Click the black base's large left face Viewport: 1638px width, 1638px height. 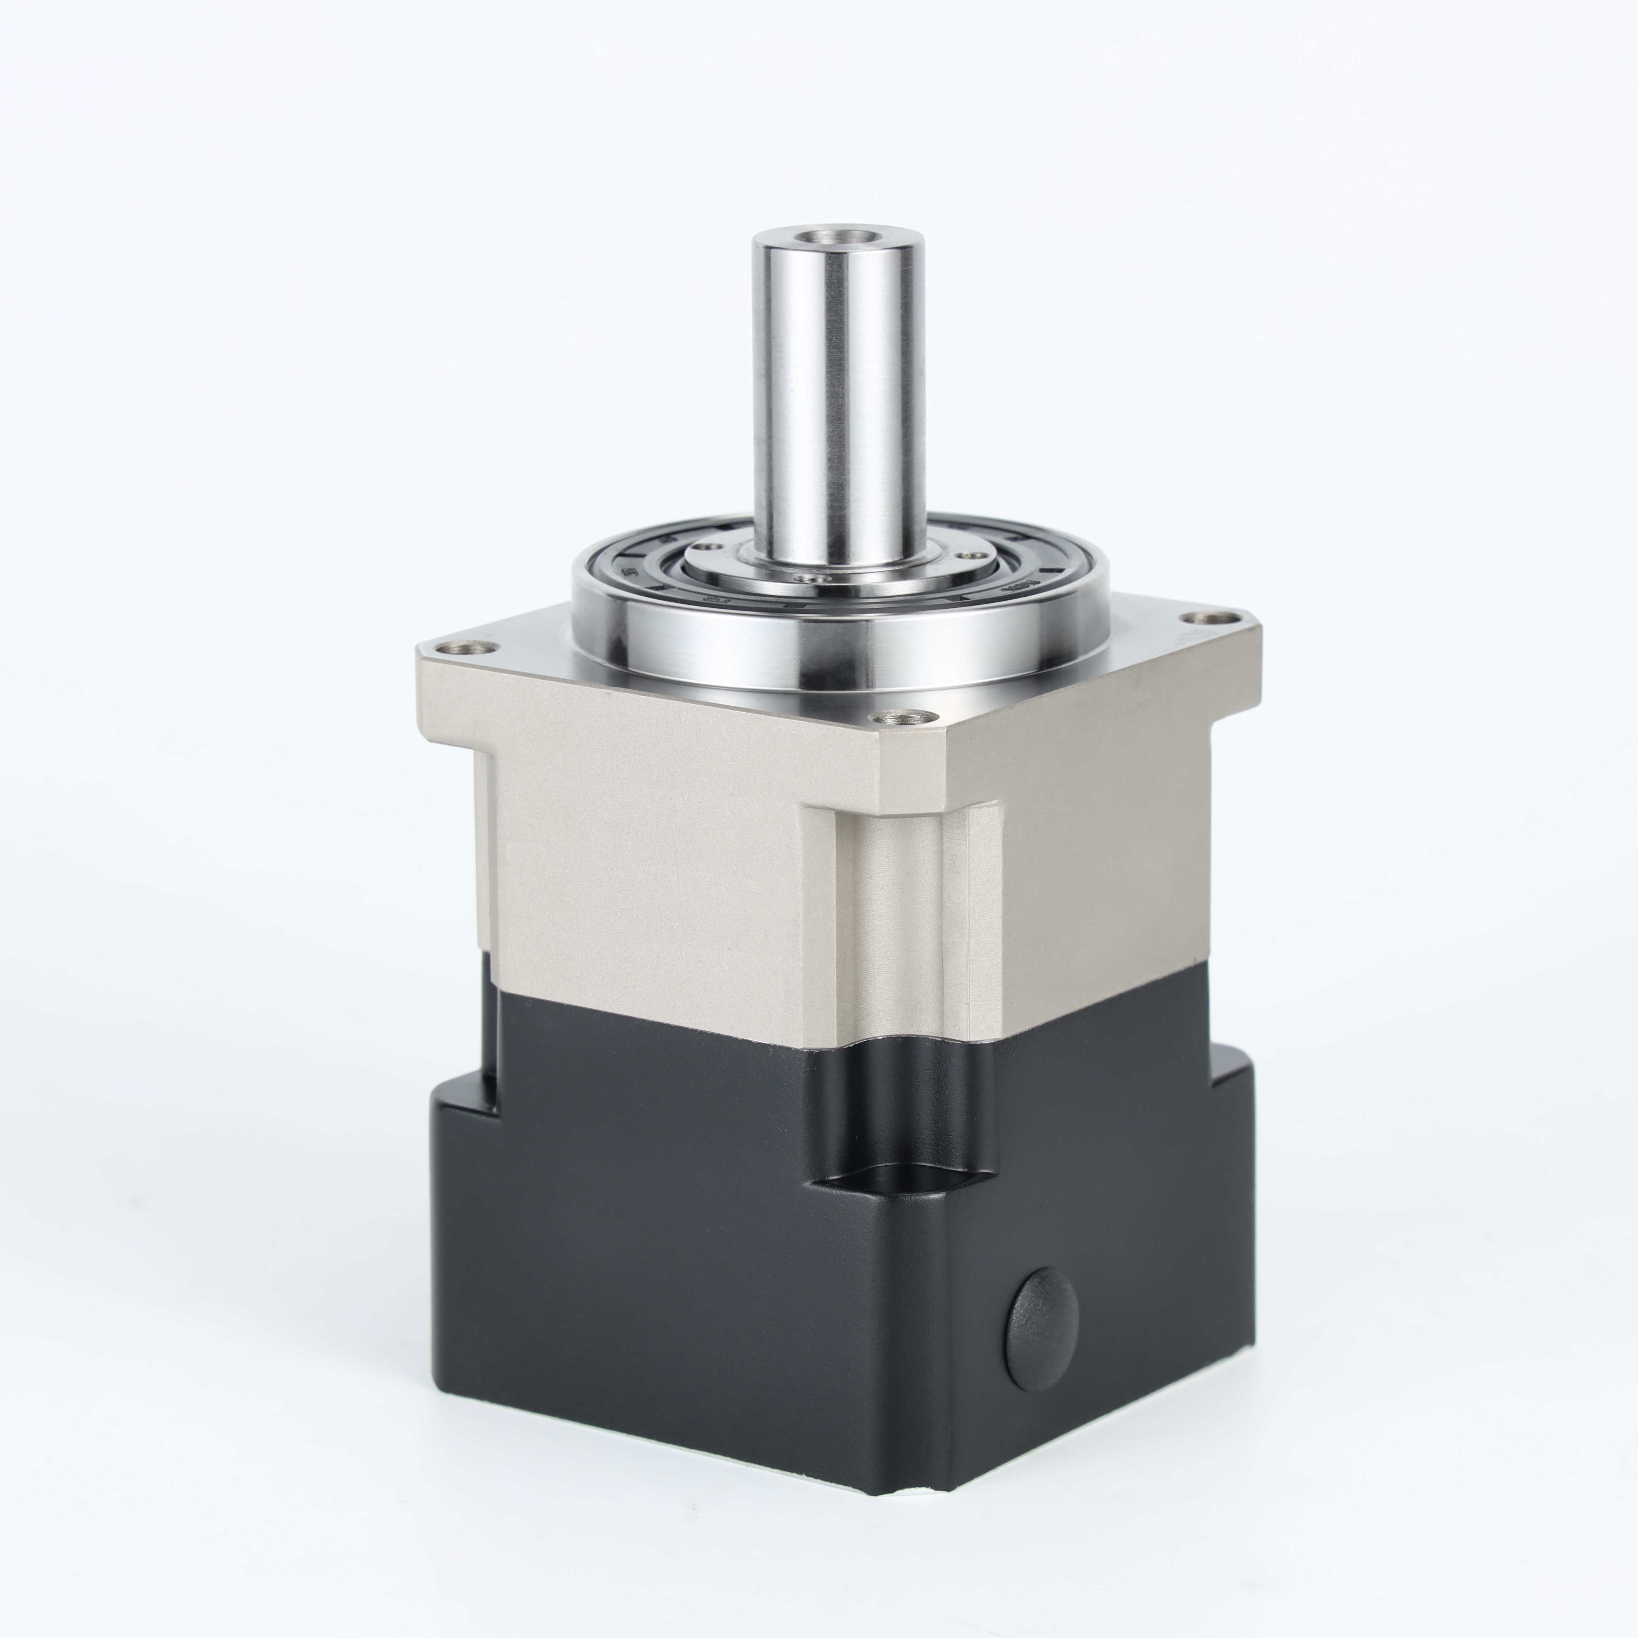(x=627, y=1272)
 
